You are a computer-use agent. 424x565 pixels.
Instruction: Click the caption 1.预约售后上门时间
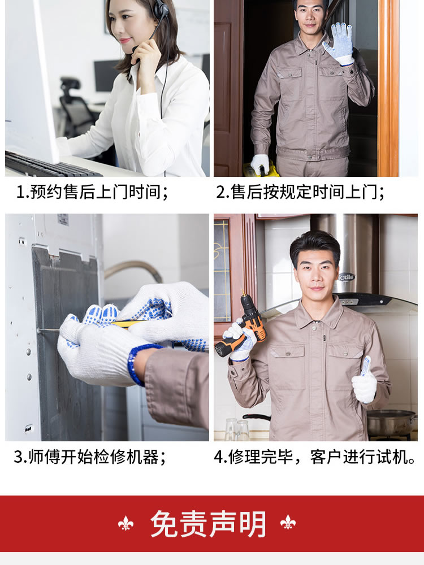click(x=92, y=192)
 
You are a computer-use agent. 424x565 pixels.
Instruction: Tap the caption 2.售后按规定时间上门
click(x=300, y=192)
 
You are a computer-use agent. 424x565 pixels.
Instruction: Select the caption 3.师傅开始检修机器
click(x=90, y=457)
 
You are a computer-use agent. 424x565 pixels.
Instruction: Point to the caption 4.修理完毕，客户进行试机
click(x=314, y=457)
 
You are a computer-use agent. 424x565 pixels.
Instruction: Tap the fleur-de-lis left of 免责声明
click(x=126, y=523)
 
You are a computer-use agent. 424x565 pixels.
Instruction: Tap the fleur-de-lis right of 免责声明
click(x=288, y=523)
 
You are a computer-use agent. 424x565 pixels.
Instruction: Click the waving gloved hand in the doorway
click(x=339, y=44)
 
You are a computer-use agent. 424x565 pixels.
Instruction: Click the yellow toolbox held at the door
click(x=258, y=169)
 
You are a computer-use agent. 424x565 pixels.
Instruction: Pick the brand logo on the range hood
click(x=347, y=277)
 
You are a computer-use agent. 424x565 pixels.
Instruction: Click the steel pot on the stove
click(x=392, y=423)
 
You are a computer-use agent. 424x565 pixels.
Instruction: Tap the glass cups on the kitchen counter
click(x=237, y=429)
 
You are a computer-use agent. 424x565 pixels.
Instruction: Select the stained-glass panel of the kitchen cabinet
click(x=222, y=271)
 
